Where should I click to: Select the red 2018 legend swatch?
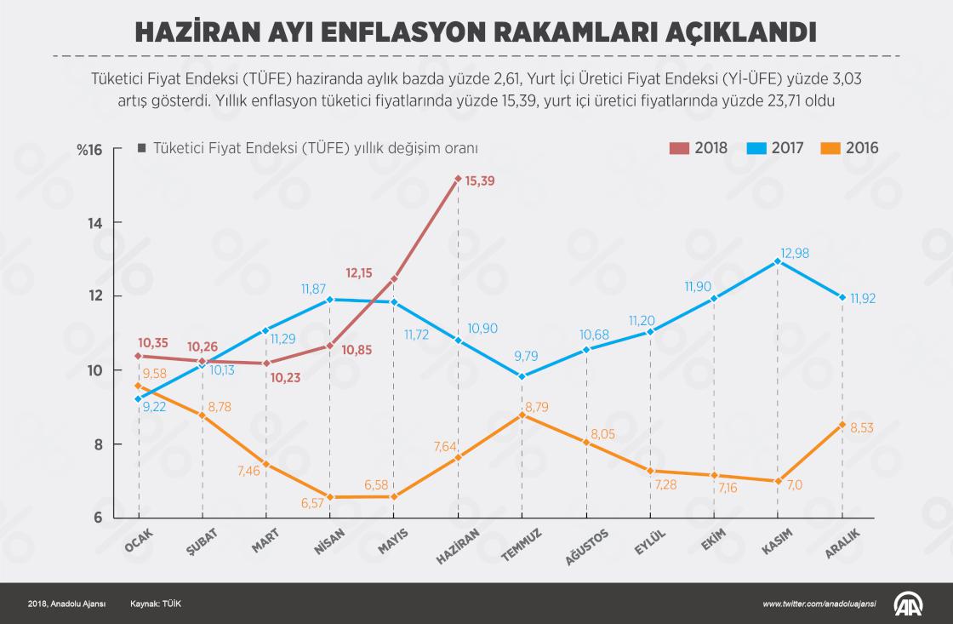click(678, 148)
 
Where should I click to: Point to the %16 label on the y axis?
click(88, 150)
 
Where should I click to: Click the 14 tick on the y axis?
click(94, 223)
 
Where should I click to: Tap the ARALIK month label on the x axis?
click(842, 542)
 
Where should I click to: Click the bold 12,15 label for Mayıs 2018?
click(361, 273)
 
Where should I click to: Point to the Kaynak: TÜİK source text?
click(156, 604)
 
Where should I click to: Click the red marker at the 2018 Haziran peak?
click(458, 179)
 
